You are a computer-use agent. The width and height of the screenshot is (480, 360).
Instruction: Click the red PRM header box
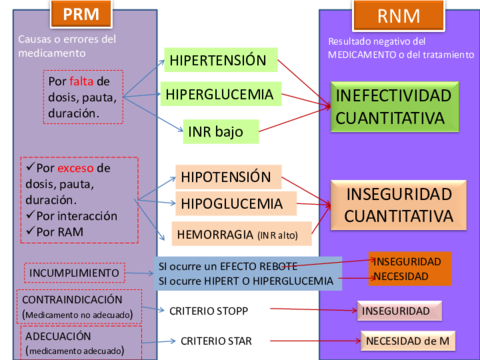point(81,14)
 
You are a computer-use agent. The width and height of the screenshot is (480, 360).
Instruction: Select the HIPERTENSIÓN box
point(218,60)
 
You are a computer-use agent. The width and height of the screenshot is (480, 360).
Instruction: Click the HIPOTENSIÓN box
point(225,177)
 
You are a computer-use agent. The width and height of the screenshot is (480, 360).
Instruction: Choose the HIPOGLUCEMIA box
point(229,204)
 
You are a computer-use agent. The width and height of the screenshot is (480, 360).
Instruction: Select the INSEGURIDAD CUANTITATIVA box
point(398,204)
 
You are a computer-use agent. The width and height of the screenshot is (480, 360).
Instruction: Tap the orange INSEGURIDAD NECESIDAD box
point(409,268)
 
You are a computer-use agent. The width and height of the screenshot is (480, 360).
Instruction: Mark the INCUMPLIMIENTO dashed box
point(75,272)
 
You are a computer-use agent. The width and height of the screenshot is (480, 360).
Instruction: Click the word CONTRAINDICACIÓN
point(72,299)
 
